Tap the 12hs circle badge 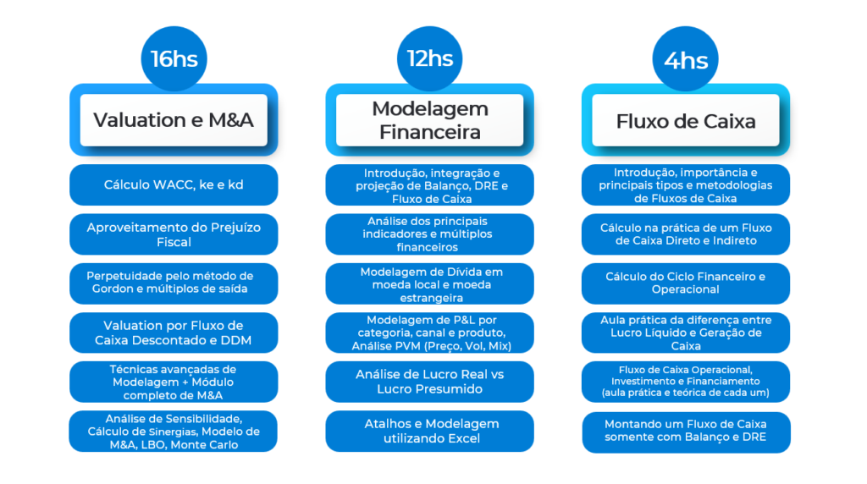coord(429,58)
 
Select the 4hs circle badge coord(686,60)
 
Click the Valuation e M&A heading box coord(174,119)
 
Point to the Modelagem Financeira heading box coord(430,119)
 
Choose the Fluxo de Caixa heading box coord(686,120)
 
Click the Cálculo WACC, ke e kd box coord(174,184)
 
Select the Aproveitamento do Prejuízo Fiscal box coord(174,234)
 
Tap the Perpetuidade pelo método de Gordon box coord(174,283)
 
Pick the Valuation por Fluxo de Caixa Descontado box coord(174,333)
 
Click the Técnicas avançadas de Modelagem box coord(174,382)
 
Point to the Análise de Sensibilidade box coord(174,431)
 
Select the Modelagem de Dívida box coord(430,284)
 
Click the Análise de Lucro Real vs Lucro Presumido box coord(430,382)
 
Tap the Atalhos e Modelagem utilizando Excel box coord(430,431)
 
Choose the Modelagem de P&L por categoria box coord(430,333)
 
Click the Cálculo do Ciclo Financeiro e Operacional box coord(686,283)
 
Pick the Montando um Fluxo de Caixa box coord(686,431)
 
